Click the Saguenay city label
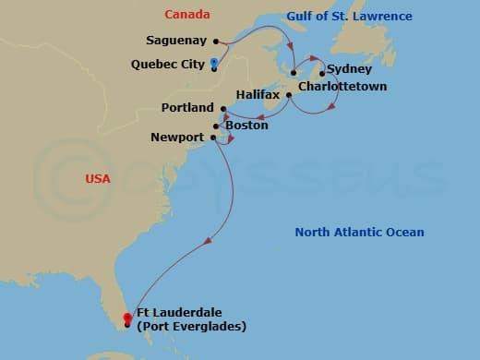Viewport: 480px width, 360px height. pyautogui.click(x=176, y=41)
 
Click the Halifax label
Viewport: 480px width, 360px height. pyautogui.click(x=258, y=94)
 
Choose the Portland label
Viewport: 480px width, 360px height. pyautogui.click(x=187, y=108)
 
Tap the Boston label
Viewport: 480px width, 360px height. pyautogui.click(x=246, y=125)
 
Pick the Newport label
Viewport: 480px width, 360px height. pyautogui.click(x=177, y=138)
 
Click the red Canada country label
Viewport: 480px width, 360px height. pyautogui.click(x=187, y=15)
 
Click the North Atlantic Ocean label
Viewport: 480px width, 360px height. pyautogui.click(x=360, y=232)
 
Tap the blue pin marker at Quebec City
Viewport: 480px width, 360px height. pyautogui.click(x=213, y=63)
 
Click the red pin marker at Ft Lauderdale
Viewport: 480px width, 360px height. pyautogui.click(x=126, y=318)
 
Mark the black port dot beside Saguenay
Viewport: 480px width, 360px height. pyautogui.click(x=215, y=41)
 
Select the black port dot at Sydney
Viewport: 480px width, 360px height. pyautogui.click(x=322, y=72)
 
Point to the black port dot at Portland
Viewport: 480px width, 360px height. pyautogui.click(x=223, y=109)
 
